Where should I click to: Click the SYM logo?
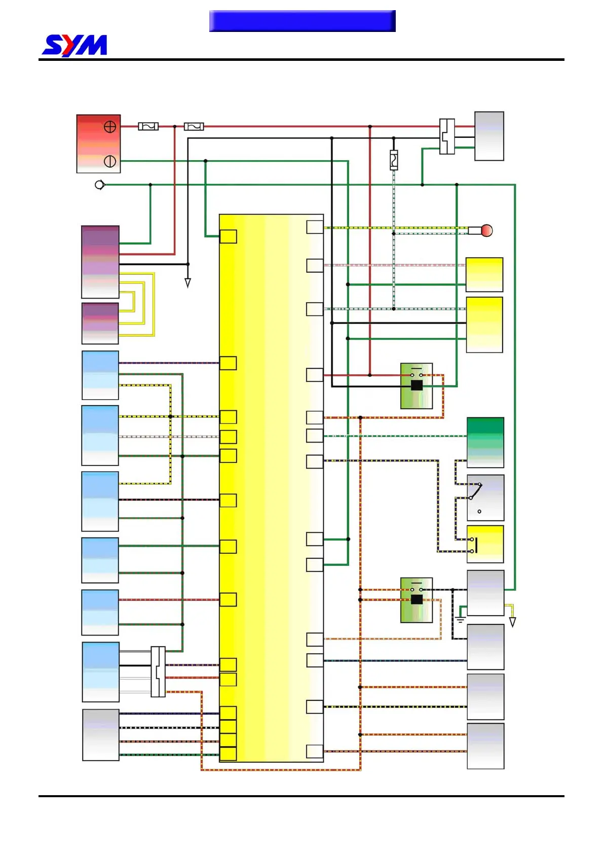[74, 45]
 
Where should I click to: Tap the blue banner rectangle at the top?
[302, 21]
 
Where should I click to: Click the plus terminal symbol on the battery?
[110, 127]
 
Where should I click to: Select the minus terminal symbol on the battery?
[110, 161]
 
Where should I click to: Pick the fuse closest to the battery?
[148, 126]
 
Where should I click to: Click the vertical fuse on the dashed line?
[394, 160]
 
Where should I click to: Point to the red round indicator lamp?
[486, 231]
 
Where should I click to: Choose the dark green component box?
[485, 442]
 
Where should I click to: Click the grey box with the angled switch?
[485, 497]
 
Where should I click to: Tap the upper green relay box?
[417, 386]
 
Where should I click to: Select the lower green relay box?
[417, 600]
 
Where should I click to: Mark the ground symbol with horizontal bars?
[460, 619]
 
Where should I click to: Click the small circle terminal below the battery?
[100, 185]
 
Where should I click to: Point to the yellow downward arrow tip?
[512, 622]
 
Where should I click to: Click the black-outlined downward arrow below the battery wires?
[187, 283]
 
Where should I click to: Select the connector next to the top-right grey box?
[447, 136]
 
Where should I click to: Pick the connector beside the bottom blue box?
[158, 671]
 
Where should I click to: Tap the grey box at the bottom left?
[101, 735]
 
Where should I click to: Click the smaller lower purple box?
[100, 324]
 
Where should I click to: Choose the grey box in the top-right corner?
[489, 136]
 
